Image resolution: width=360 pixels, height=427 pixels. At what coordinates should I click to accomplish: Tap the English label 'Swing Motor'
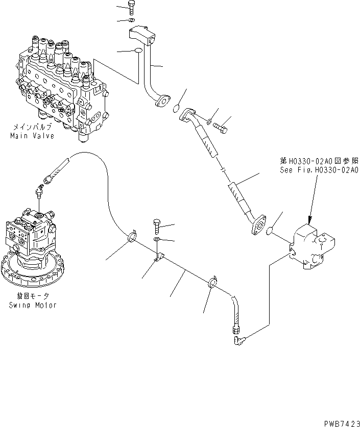click(33, 305)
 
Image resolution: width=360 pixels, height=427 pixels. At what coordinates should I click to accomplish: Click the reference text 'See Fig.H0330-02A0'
click(319, 170)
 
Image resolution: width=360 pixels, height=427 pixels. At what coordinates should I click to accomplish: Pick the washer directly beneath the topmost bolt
click(132, 20)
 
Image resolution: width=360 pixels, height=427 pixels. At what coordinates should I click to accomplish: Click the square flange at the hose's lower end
click(259, 225)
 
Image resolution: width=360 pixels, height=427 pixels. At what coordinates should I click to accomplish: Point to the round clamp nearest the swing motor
click(131, 237)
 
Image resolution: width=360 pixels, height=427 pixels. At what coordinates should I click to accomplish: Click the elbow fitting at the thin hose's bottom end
click(238, 337)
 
